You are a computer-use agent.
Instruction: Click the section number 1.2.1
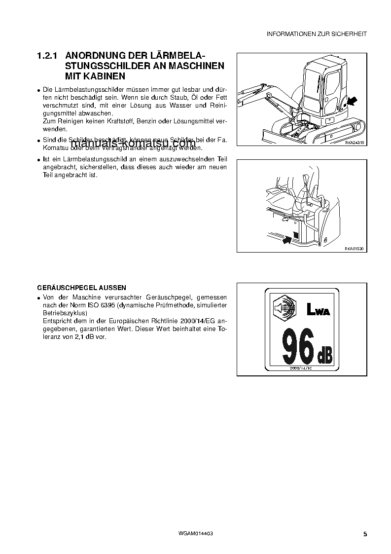(x=48, y=56)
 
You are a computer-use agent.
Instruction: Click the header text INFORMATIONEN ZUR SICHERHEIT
(x=317, y=34)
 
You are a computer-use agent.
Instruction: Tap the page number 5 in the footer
(x=364, y=534)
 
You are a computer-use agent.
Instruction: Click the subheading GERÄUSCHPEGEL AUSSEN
(x=81, y=288)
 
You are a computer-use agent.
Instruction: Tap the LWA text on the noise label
(x=318, y=310)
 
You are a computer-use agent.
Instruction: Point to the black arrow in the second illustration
(x=285, y=240)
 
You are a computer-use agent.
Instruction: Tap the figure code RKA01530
(x=354, y=249)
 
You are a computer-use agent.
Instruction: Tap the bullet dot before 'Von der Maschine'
(x=38, y=298)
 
